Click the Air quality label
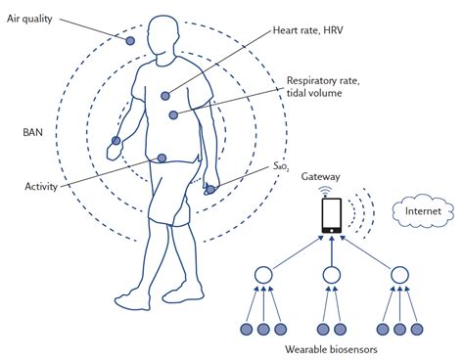29,19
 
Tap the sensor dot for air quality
130,41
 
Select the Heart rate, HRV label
308,30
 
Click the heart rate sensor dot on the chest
165,96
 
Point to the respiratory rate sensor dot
173,114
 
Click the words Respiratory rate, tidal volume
323,87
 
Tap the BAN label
32,132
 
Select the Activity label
41,187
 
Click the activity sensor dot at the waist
162,158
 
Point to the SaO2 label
281,166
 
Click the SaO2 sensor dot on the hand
210,189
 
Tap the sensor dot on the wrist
116,141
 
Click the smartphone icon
332,215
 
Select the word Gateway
320,177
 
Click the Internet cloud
423,211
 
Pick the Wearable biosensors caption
331,349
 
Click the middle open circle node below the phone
332,275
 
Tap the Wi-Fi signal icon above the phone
325,192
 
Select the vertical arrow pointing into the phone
332,251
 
